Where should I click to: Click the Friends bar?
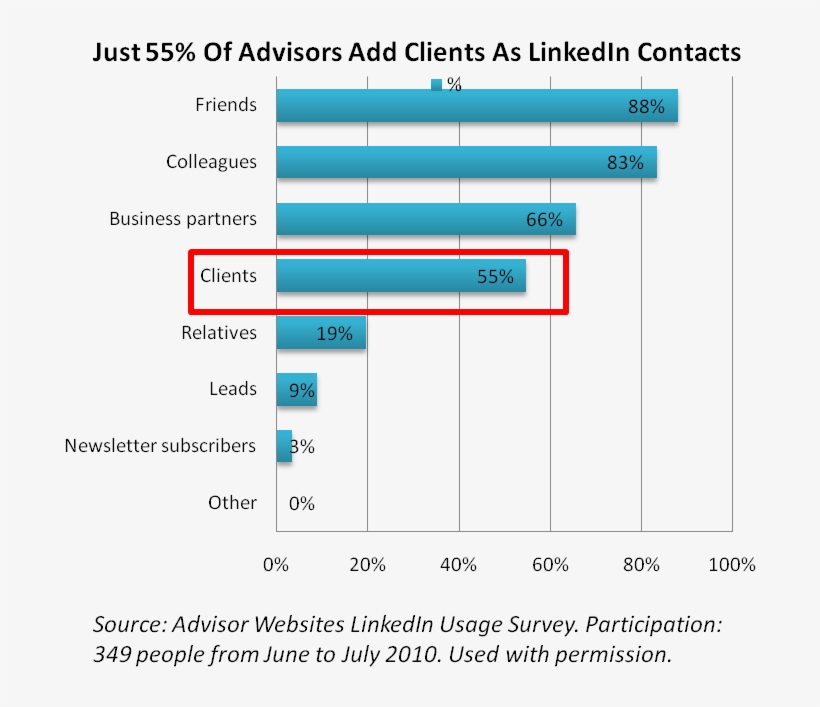[476, 106]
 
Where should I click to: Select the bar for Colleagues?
[466, 162]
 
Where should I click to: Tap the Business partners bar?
[425, 219]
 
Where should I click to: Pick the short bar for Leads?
[296, 389]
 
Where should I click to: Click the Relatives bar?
[320, 333]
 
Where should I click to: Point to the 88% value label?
[646, 107]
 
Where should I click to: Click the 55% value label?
[495, 277]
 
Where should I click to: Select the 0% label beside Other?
[302, 503]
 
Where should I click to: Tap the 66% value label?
[545, 220]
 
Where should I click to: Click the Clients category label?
[228, 276]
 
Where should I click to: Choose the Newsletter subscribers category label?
[160, 446]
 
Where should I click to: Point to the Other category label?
[232, 503]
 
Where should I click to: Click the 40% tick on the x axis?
[458, 565]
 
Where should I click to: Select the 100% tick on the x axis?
[732, 565]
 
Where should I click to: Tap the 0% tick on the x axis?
[276, 565]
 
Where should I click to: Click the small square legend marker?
[436, 85]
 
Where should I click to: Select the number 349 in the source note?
[112, 656]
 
